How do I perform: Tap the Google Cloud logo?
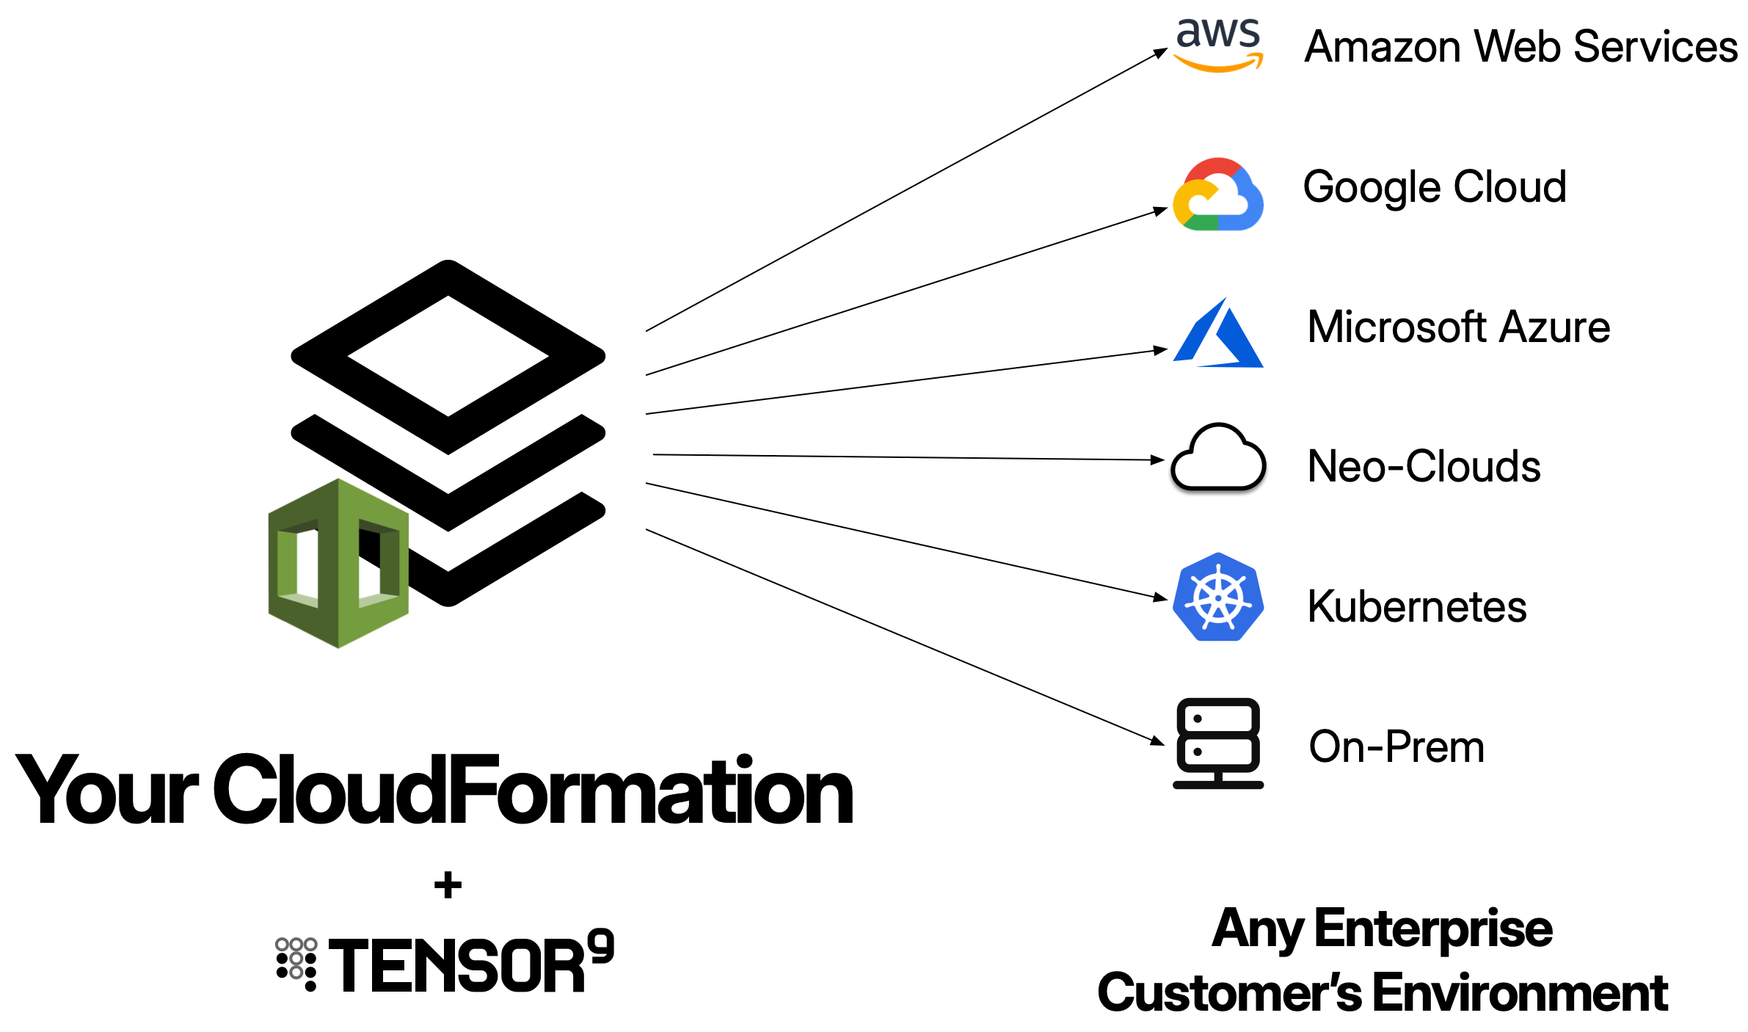pos(1218,194)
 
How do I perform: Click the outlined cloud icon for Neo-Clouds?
pos(1218,457)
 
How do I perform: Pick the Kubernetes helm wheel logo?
pos(1218,597)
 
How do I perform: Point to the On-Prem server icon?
pos(1218,743)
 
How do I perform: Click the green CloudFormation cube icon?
pos(338,564)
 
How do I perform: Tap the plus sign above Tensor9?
pos(448,884)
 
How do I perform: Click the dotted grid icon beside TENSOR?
pos(296,964)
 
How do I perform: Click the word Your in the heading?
pos(107,790)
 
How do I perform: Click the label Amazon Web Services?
pos(1521,46)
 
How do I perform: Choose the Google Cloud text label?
pos(1435,186)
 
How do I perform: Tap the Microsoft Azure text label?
pos(1459,327)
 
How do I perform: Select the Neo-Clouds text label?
pos(1424,466)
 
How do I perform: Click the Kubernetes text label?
pos(1417,606)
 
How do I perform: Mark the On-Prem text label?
pos(1396,746)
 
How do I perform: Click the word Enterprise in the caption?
pos(1433,929)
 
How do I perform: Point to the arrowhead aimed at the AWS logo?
pos(1161,53)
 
